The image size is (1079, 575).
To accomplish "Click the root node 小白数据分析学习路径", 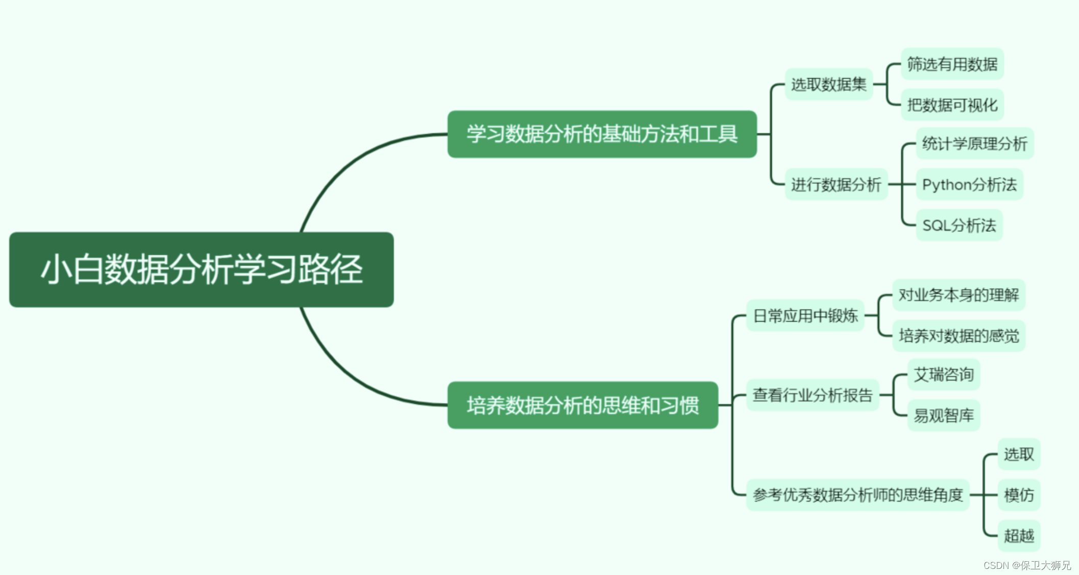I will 201,269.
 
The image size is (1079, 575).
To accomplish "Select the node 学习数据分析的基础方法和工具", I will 602,134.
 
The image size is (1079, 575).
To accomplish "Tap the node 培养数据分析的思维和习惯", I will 582,405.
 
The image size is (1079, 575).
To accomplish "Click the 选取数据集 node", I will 828,84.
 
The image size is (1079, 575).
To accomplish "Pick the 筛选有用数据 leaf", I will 952,64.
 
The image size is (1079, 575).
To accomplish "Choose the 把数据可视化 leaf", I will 952,105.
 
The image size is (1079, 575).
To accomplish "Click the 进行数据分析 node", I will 836,184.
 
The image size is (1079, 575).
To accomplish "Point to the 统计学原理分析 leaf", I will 974,143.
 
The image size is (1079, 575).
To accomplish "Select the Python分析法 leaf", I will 969,184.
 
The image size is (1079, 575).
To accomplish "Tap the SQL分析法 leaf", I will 959,225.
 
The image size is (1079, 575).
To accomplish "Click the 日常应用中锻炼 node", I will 805,316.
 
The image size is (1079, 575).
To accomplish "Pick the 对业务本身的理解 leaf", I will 958,295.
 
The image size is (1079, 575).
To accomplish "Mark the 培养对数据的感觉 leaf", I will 958,336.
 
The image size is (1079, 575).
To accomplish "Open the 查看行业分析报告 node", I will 812,395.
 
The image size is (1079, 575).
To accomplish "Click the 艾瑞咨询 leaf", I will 943,374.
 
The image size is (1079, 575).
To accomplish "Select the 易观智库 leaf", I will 943,415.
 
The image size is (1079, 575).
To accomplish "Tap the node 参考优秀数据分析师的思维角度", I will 857,494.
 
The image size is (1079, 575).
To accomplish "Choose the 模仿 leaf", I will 1018,494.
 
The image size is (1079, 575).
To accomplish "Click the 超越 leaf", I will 1018,535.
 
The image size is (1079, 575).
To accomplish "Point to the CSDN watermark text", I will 1026,565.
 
